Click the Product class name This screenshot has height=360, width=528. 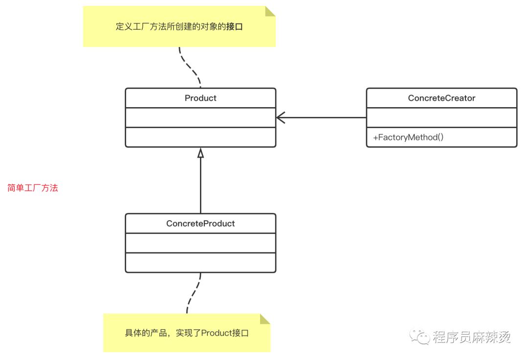tap(200, 98)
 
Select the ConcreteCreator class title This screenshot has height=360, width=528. tap(441, 98)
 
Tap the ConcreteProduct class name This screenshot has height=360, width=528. tap(200, 224)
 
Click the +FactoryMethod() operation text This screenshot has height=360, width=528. tap(408, 137)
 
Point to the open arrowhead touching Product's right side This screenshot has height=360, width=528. tap(280, 117)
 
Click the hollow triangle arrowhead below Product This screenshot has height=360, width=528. tap(200, 153)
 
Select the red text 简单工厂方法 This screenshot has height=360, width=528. tap(33, 188)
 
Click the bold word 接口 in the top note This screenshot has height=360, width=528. tap(234, 27)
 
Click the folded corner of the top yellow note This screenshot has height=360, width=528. tap(270, 11)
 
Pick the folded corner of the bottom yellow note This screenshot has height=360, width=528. tap(265, 319)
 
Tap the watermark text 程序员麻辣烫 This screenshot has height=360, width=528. tap(471, 337)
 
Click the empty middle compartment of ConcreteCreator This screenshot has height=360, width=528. tap(441, 117)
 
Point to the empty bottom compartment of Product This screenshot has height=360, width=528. tap(200, 137)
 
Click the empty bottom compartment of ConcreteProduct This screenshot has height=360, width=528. tap(200, 263)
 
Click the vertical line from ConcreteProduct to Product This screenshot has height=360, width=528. tap(200, 186)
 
